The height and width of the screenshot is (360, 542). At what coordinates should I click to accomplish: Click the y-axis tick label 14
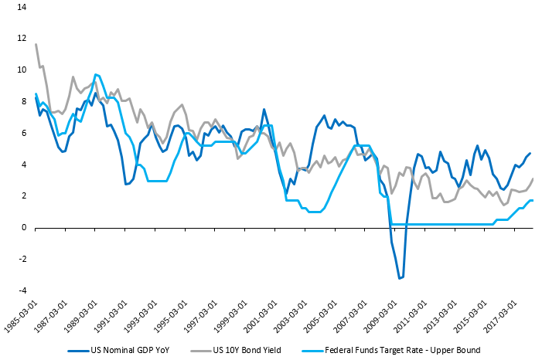(x=20, y=7)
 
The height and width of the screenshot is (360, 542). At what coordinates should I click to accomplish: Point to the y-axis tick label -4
(x=21, y=290)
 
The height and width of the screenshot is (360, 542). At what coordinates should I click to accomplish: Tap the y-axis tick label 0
(x=23, y=227)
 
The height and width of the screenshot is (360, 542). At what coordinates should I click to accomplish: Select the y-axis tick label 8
(x=23, y=101)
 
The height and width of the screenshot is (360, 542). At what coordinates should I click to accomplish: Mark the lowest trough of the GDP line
(x=400, y=278)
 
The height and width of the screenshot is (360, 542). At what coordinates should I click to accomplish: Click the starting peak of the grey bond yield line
(x=36, y=44)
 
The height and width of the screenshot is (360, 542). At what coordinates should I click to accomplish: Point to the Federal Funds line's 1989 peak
(x=96, y=74)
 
